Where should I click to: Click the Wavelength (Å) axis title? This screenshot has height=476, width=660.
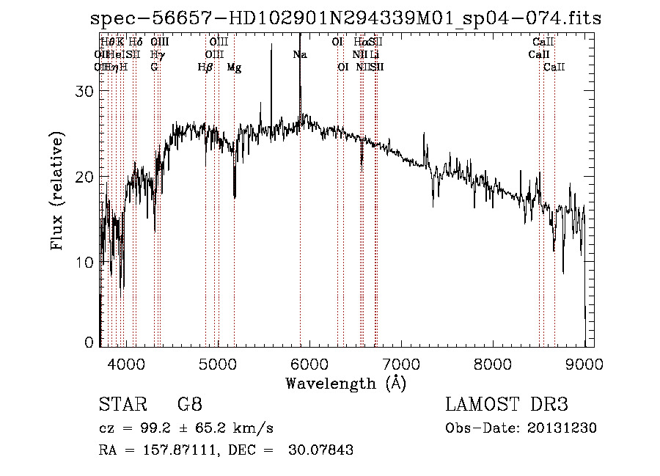pyautogui.click(x=345, y=384)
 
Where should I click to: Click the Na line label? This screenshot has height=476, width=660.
pyautogui.click(x=299, y=54)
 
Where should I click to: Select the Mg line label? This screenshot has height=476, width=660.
pyautogui.click(x=234, y=67)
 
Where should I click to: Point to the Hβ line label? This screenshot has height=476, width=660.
pyautogui.click(x=205, y=67)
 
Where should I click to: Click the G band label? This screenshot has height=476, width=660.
pyautogui.click(x=154, y=67)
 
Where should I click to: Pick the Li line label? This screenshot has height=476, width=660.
pyautogui.click(x=375, y=54)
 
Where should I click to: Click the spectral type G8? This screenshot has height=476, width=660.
pyautogui.click(x=190, y=406)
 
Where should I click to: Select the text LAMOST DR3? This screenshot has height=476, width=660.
pyautogui.click(x=507, y=406)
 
